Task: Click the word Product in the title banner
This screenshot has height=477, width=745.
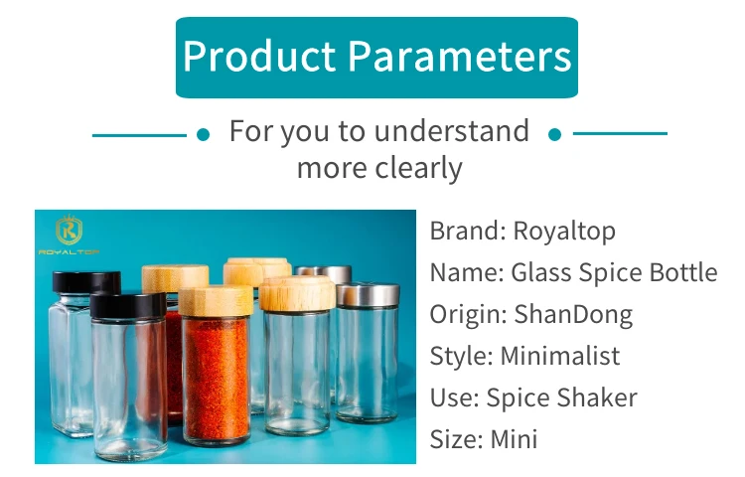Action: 259,56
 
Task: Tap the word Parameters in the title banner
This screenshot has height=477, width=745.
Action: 460,56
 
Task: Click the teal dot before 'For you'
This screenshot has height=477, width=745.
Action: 203,135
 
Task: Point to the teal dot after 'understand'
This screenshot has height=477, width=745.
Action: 554,135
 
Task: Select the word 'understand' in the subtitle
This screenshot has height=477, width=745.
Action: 452,130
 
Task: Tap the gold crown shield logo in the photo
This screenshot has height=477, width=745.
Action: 69,231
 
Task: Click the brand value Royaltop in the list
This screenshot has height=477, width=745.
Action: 564,232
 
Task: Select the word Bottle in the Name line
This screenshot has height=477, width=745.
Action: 683,272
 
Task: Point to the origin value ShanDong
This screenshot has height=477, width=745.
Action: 573,314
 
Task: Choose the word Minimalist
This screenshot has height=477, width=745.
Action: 560,356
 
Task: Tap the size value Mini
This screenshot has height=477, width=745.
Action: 514,439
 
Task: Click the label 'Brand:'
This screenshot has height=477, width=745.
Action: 468,232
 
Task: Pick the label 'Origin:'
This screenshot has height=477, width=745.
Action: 469,314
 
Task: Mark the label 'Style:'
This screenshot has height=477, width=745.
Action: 461,356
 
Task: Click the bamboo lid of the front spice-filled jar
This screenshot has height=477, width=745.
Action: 216,301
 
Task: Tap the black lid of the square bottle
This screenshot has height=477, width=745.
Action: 86,282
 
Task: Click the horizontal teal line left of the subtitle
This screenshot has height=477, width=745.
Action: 139,135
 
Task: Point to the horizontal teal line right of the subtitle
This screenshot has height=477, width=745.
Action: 620,133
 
